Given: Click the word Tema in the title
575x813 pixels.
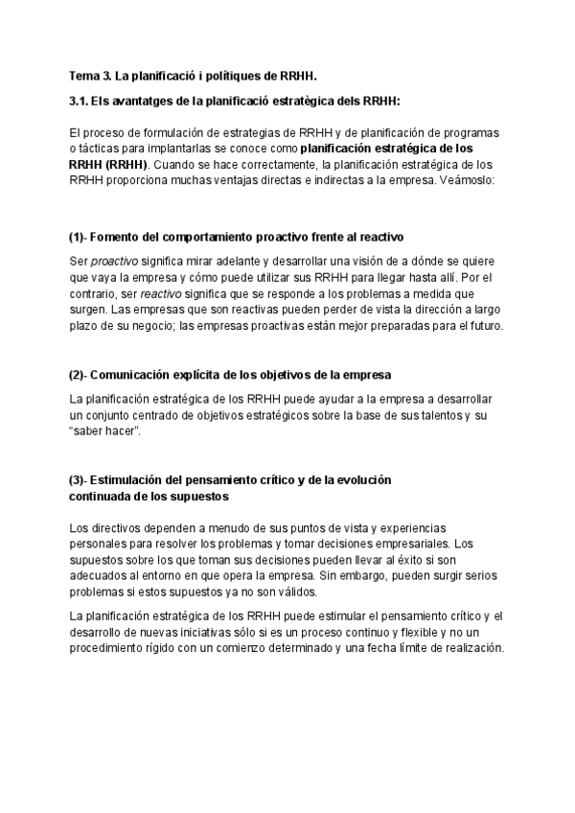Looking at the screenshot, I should pos(83,75).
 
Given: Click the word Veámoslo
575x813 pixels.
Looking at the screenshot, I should pos(464,180).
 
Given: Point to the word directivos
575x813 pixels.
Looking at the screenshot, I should pos(116,528).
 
